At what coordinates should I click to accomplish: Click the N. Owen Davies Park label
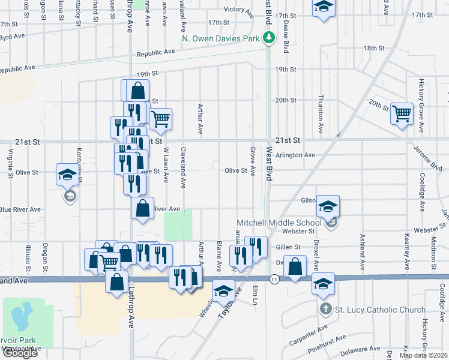(221, 39)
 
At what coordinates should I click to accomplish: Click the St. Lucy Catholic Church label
(379, 310)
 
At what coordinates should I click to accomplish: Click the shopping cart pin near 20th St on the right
(402, 113)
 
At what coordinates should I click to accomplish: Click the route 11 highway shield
(274, 280)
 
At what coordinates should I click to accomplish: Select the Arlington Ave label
(295, 155)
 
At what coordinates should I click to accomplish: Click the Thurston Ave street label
(321, 113)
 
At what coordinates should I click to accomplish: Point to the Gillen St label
(288, 247)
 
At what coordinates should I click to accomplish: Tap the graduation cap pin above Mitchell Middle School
(328, 206)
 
